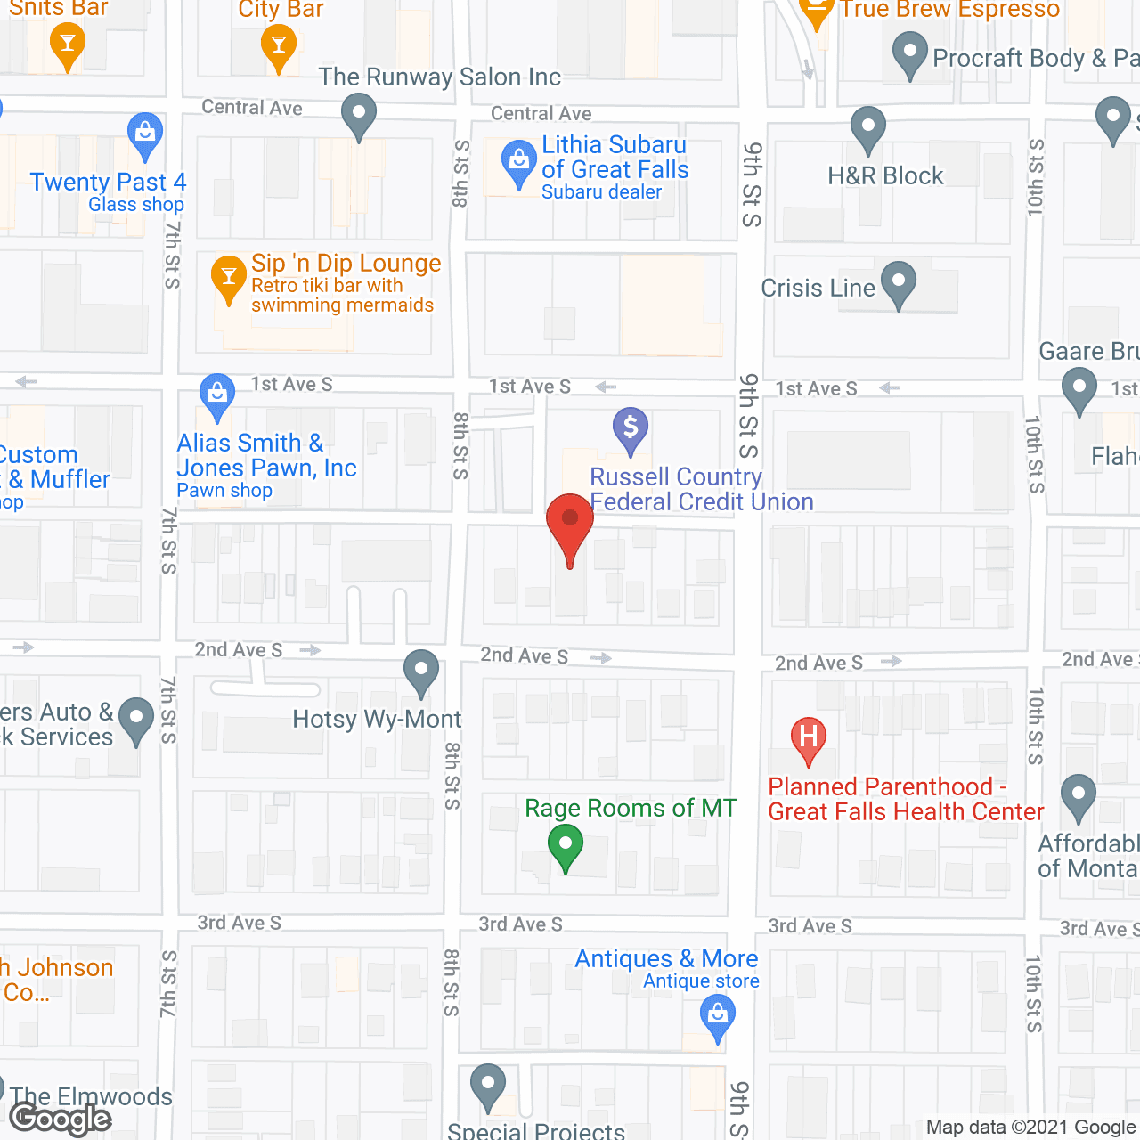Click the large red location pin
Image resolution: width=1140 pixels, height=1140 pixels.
tap(570, 521)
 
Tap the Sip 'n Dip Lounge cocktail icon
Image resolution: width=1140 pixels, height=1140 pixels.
tap(229, 276)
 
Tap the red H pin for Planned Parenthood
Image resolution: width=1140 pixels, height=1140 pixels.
tap(809, 737)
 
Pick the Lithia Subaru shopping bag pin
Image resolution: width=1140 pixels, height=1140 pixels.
tap(518, 162)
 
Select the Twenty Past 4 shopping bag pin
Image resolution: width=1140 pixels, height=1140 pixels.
tap(144, 134)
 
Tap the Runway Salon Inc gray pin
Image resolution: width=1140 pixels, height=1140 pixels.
tap(359, 114)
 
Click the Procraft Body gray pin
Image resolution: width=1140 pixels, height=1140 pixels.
tap(909, 53)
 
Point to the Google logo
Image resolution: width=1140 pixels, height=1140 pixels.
tap(61, 1119)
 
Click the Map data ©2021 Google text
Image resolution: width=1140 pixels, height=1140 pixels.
tap(1031, 1128)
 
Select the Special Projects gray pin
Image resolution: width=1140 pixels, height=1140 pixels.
tap(487, 1085)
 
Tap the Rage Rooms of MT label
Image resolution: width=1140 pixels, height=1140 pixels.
tap(631, 808)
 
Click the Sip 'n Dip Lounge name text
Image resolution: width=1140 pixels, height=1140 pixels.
tap(346, 264)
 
